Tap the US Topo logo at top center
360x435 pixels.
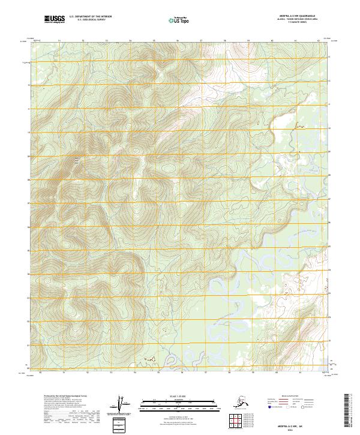click(179, 20)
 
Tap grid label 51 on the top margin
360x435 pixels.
click(59, 41)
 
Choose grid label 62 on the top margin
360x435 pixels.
click(318, 41)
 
